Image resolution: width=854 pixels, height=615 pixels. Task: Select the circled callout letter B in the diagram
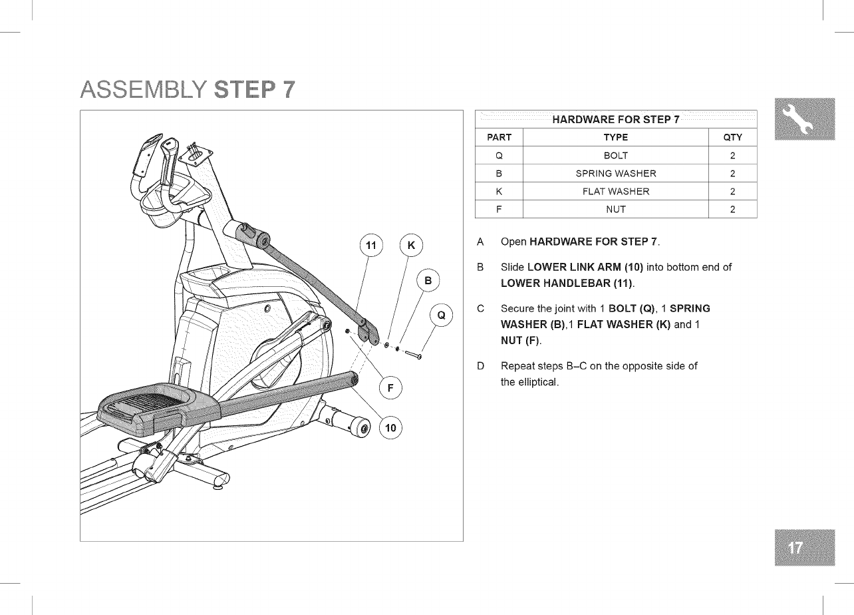428,281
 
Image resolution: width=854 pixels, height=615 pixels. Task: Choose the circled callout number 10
390,428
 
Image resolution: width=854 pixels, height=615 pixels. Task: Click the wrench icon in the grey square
804,118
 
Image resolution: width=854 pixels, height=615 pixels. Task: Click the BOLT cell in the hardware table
615,156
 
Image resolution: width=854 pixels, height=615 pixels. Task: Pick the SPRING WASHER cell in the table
615,174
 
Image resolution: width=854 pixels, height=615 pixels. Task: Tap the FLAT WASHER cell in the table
615,192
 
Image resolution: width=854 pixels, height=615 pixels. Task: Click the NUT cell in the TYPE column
615,210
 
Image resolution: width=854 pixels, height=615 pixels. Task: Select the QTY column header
732,138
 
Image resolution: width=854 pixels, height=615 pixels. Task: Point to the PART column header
499,138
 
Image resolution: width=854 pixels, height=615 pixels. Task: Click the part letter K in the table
499,192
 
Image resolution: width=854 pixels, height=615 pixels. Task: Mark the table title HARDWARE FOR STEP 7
615,120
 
